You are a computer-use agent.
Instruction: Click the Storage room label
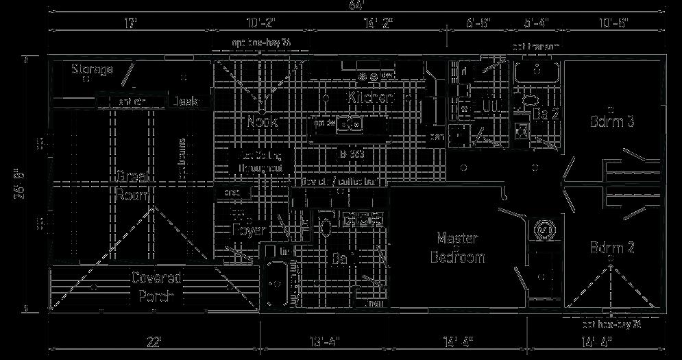(92, 69)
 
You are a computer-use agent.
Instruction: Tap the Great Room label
(133, 185)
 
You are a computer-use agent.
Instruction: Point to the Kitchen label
(372, 98)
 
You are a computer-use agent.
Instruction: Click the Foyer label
(248, 230)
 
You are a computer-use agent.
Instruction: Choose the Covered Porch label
(156, 287)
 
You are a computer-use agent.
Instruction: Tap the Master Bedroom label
(457, 248)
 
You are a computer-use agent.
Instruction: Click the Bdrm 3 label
(612, 121)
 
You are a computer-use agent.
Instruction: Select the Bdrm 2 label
(612, 248)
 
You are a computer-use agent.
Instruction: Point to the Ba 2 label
(546, 114)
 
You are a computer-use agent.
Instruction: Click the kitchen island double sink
(352, 125)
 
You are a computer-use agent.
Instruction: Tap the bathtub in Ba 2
(537, 70)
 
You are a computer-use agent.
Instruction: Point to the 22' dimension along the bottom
(153, 341)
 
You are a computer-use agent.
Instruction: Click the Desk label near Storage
(185, 101)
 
